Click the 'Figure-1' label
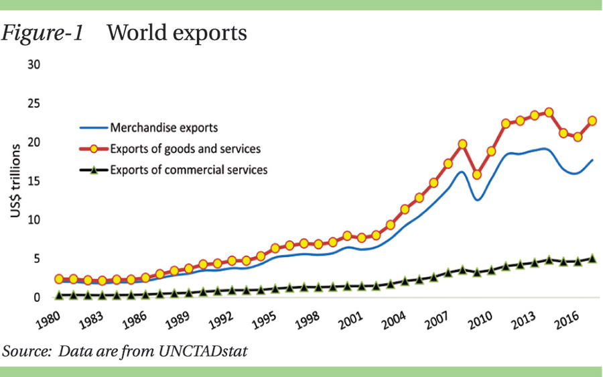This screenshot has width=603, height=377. pyautogui.click(x=44, y=32)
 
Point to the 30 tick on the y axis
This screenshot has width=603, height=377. pyautogui.click(x=33, y=65)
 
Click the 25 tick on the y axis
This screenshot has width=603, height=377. pyautogui.click(x=33, y=104)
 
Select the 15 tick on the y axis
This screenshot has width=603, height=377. pyautogui.click(x=33, y=181)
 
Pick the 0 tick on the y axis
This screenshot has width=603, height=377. pyautogui.click(x=37, y=297)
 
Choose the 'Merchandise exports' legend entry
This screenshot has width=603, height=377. pyautogui.click(x=164, y=127)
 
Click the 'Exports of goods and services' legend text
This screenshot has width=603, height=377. pyautogui.click(x=186, y=148)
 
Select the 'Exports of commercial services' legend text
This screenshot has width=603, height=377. pyautogui.click(x=189, y=170)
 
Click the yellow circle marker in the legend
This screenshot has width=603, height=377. pyautogui.click(x=94, y=148)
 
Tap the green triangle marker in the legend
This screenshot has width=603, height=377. pyautogui.click(x=94, y=170)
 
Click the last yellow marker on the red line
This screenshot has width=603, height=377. pyautogui.click(x=592, y=121)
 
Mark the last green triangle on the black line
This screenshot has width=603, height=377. pyautogui.click(x=592, y=258)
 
